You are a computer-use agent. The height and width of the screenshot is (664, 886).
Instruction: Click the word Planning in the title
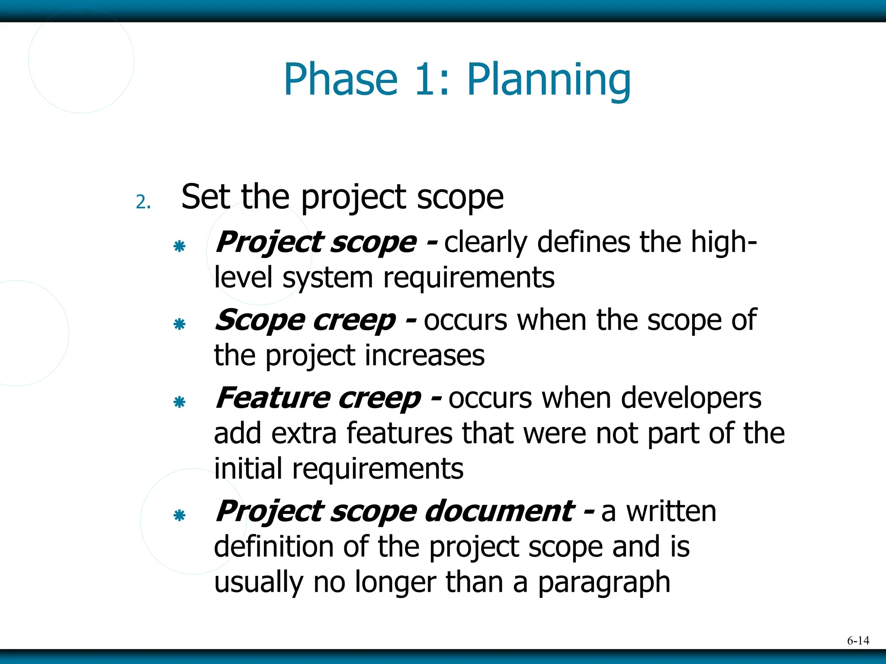point(549,80)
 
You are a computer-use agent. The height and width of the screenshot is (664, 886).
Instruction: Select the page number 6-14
point(858,641)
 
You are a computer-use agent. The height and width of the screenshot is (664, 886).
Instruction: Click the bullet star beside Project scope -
point(179,246)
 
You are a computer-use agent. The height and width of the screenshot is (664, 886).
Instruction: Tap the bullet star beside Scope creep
point(179,324)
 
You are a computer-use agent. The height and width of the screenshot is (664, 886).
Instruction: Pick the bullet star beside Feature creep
point(179,402)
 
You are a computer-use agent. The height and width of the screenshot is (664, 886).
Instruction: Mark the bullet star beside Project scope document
point(179,515)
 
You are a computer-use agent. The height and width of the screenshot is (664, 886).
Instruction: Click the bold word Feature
point(273,398)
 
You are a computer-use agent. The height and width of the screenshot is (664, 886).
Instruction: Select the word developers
point(691,399)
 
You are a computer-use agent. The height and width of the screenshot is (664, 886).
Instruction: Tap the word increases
point(424,356)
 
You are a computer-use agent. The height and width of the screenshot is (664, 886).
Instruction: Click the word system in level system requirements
point(327,278)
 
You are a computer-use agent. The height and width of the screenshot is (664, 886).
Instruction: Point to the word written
point(671,511)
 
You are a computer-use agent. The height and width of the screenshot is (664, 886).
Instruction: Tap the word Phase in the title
point(340,80)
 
